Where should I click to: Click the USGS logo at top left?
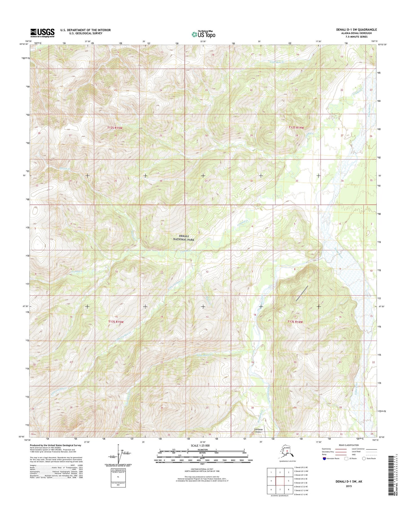pos(43,33)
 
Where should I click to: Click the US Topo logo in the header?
pos(203,34)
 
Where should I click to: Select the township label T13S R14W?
pos(295,321)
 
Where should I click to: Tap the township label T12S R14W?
pos(296,128)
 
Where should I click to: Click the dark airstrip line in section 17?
pos(302,293)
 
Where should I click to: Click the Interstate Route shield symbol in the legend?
pos(325,458)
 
